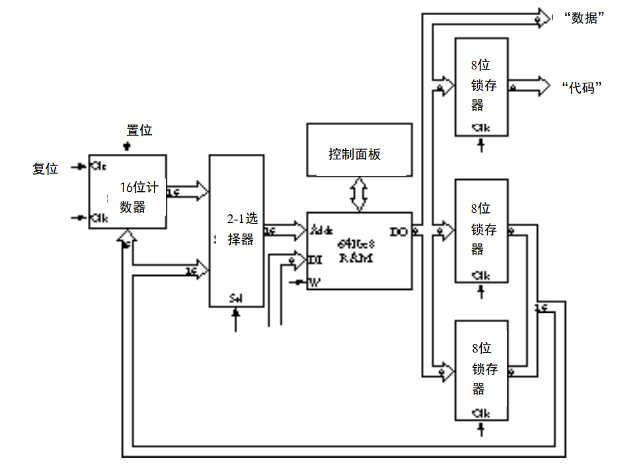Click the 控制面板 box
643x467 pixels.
pyautogui.click(x=359, y=149)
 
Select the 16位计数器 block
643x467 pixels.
pyautogui.click(x=128, y=192)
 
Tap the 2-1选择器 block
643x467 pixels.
pyautogui.click(x=236, y=230)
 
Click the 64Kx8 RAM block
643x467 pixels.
pyautogui.click(x=359, y=251)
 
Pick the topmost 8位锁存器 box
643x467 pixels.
pyautogui.click(x=481, y=87)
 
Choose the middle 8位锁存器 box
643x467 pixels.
pyautogui.click(x=481, y=230)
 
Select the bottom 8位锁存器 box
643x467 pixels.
pyautogui.click(x=481, y=370)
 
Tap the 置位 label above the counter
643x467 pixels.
pyautogui.click(x=139, y=130)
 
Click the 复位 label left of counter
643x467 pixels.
pyautogui.click(x=46, y=169)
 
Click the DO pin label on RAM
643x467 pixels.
pyautogui.click(x=399, y=232)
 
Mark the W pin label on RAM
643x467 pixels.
pyautogui.click(x=315, y=283)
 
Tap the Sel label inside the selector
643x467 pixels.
pyautogui.click(x=236, y=298)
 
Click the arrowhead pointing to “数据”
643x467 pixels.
pyautogui.click(x=543, y=18)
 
